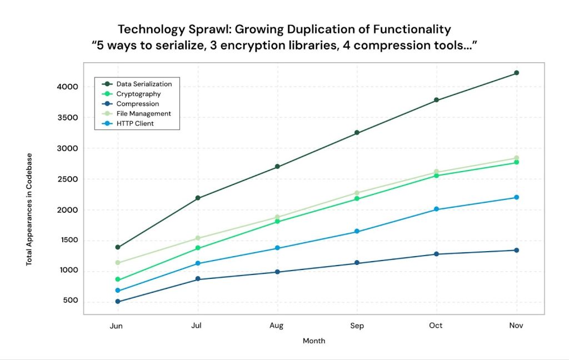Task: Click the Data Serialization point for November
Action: [x=517, y=73]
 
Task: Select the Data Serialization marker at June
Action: [x=117, y=247]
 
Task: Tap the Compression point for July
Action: [x=197, y=279]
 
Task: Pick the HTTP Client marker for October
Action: [x=437, y=209]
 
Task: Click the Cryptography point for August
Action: [x=277, y=222]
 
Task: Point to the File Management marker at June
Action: [x=117, y=263]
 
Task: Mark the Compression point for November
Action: [x=517, y=250]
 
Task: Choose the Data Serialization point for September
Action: [x=357, y=133]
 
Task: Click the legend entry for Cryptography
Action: [x=138, y=94]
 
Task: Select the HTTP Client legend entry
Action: [x=135, y=123]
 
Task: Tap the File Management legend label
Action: [x=143, y=113]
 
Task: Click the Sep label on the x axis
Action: [x=357, y=326]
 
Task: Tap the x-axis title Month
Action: [x=314, y=341]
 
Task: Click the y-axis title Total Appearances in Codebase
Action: [x=29, y=209]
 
